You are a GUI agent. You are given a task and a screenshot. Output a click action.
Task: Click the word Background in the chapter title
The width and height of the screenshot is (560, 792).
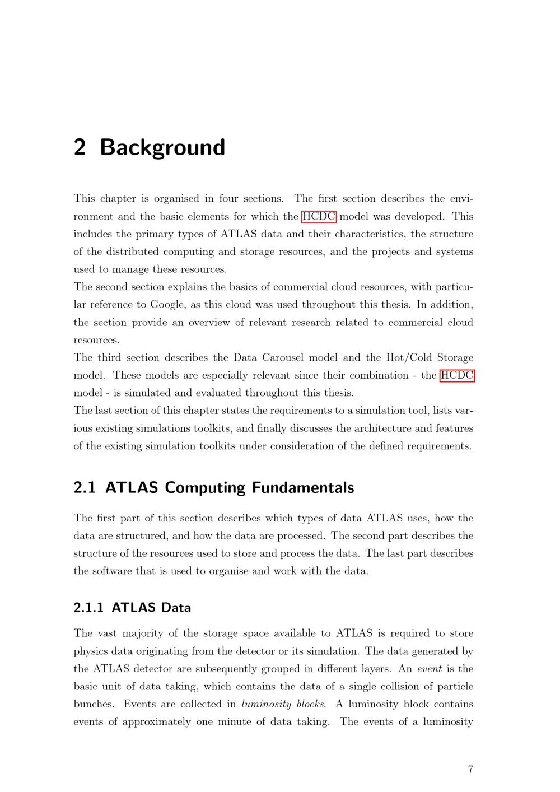[162, 147]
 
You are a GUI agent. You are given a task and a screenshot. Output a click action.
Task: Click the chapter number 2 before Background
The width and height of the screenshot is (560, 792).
[80, 147]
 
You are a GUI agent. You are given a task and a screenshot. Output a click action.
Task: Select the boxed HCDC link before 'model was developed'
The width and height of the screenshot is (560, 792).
[319, 216]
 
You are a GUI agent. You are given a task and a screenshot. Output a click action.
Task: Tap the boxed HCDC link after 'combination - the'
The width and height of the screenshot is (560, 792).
[457, 375]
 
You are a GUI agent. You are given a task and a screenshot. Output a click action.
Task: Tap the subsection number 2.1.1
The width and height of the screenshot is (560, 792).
[88, 608]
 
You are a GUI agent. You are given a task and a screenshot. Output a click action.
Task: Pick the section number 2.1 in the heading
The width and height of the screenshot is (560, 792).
[84, 488]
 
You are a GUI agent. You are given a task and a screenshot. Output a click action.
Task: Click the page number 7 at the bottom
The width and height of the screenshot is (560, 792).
[470, 769]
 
